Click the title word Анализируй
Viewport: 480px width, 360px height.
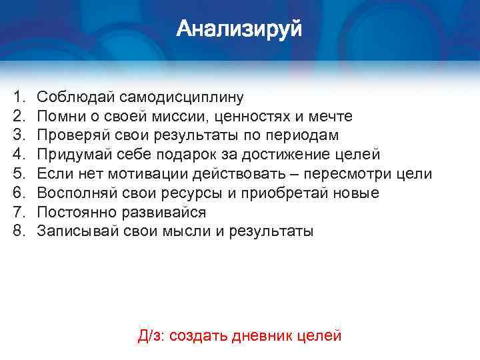tap(239, 29)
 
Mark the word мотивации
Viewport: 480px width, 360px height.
tap(147, 174)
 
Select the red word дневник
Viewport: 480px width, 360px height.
tap(259, 335)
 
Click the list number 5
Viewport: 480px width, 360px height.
tap(18, 174)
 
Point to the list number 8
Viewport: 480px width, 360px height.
tap(18, 231)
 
